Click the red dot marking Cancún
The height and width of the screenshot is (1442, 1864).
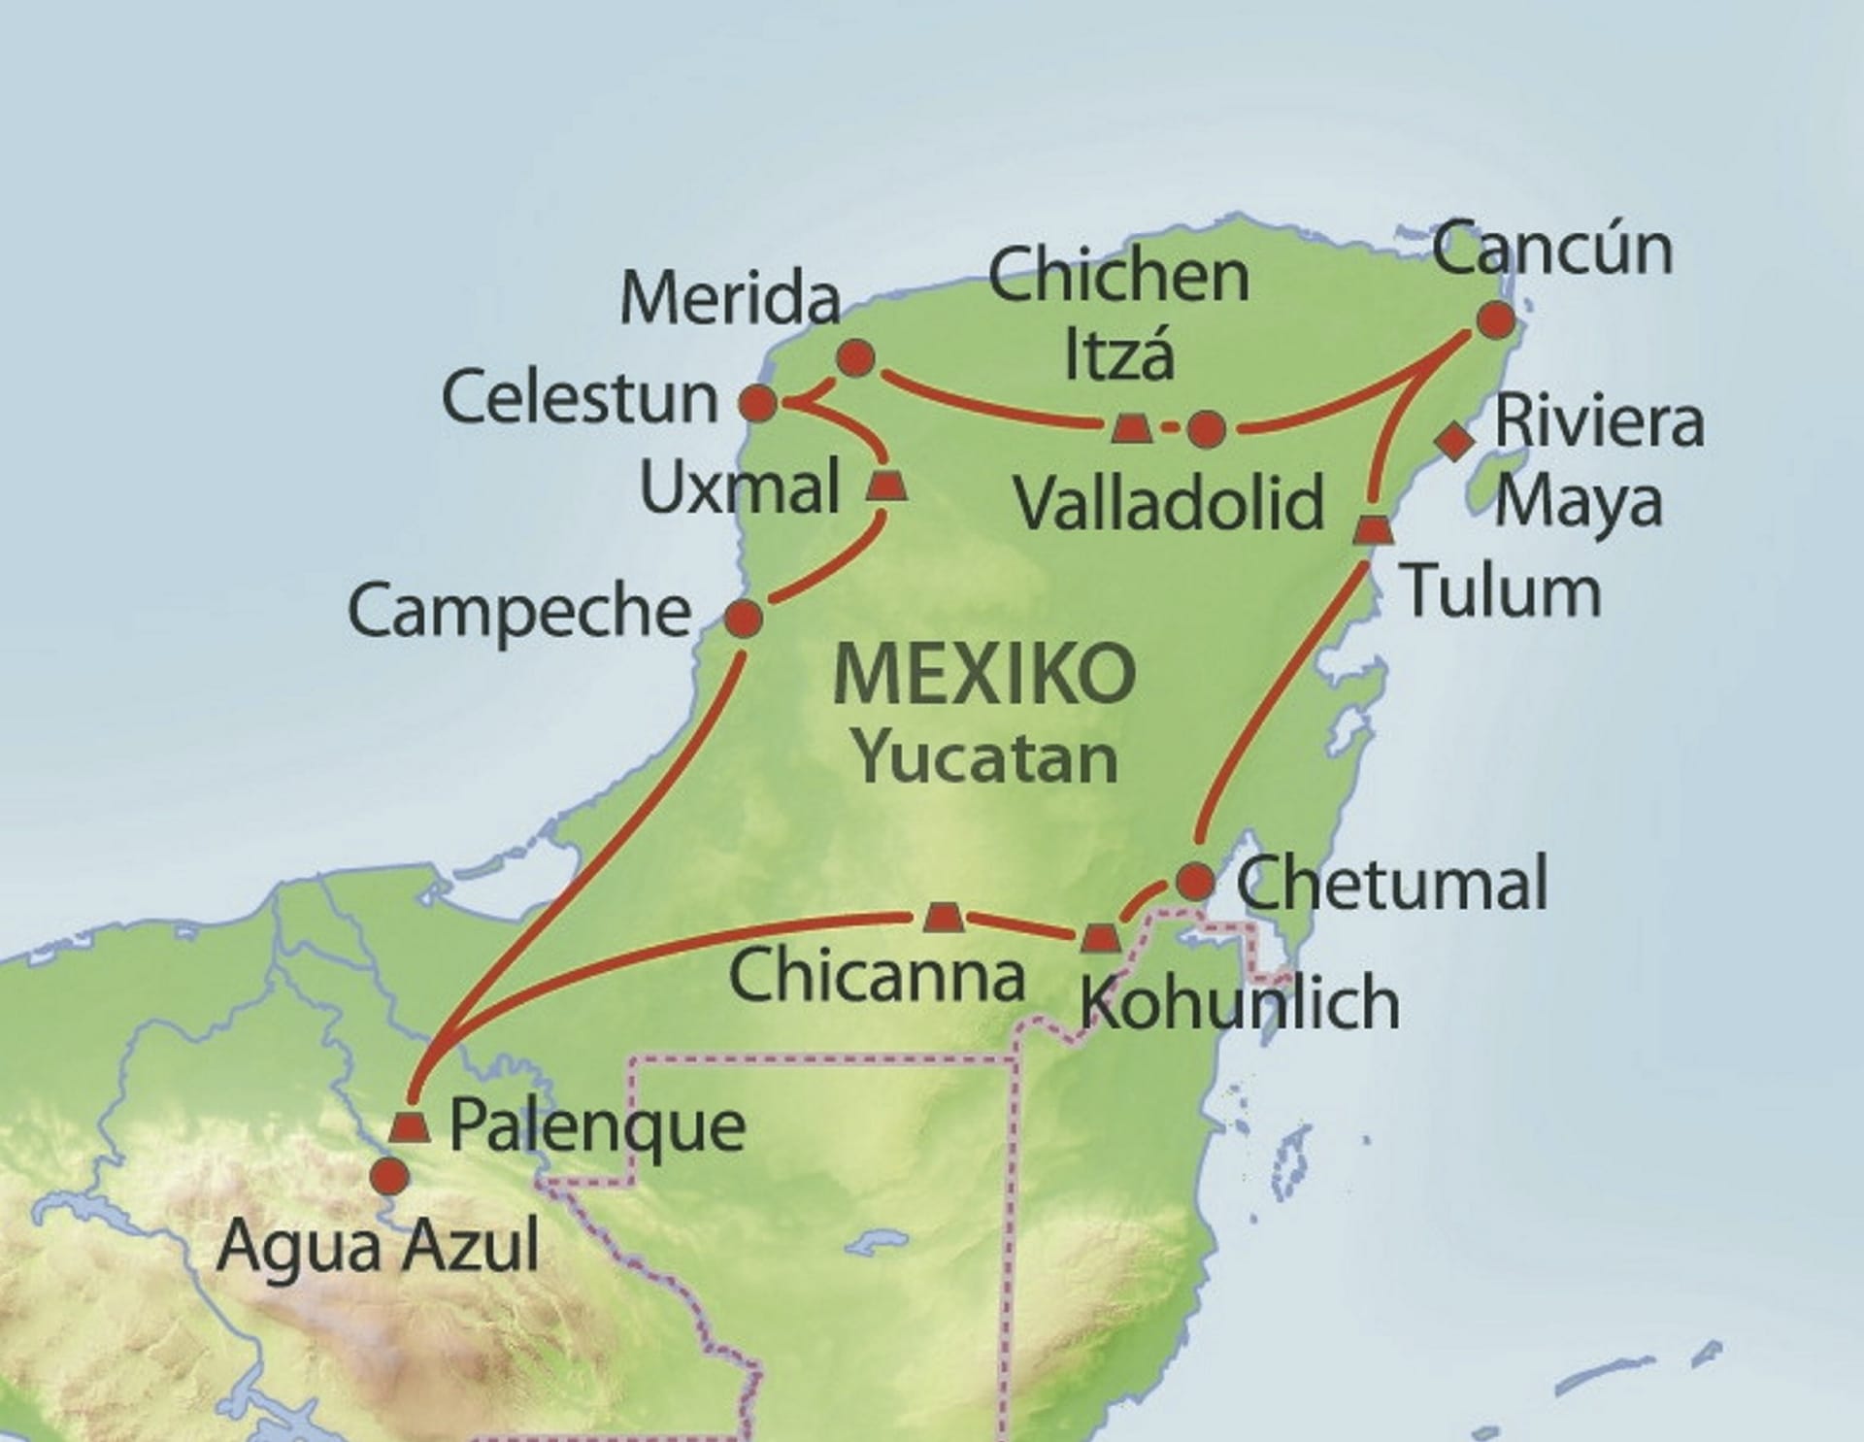[x=1495, y=320]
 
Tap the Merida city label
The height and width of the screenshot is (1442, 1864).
[x=729, y=298]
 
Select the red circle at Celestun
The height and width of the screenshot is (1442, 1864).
[x=758, y=402]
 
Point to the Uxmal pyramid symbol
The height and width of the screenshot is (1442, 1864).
[x=885, y=485]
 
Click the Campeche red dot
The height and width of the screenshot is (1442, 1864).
[x=744, y=618]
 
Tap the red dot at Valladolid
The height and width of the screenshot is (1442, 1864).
[x=1206, y=428]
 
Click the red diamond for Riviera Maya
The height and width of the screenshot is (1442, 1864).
[x=1454, y=442]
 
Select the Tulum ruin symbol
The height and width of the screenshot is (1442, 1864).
[x=1373, y=529]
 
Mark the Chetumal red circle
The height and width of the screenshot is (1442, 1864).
[x=1195, y=882]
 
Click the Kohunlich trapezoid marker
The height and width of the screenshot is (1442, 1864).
[x=1100, y=938]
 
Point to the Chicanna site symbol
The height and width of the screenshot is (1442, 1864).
[x=942, y=917]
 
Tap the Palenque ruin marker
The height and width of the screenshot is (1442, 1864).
[x=410, y=1127]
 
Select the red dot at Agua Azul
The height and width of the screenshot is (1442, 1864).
[x=390, y=1176]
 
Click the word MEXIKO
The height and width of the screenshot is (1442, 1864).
[x=983, y=675]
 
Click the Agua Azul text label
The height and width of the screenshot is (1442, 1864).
[x=378, y=1245]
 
